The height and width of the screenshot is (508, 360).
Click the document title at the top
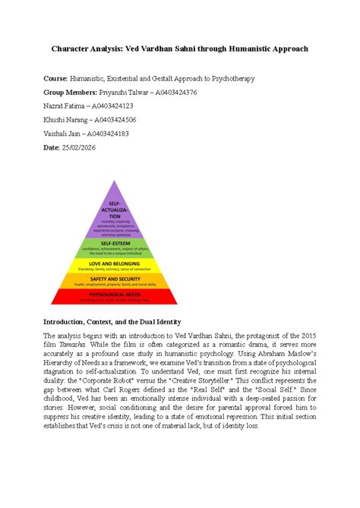(x=179, y=49)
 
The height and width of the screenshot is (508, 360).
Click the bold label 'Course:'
(x=55, y=78)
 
